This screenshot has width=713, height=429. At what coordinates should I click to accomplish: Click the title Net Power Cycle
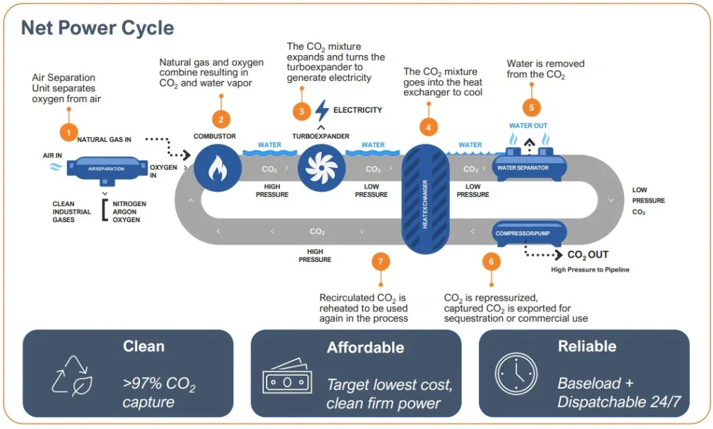coord(97,28)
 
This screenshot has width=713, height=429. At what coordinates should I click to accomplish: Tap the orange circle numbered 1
coord(68,130)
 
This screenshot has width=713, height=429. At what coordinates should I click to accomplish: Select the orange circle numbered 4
coord(428,127)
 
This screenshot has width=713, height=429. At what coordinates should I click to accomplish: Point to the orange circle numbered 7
coord(380,261)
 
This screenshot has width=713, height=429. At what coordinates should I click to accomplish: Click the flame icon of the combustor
coord(217,168)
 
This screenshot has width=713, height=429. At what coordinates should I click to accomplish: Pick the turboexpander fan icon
coord(321,168)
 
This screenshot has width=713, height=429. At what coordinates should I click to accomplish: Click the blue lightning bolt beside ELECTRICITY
coord(322,111)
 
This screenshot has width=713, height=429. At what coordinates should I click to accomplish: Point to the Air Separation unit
coord(106,169)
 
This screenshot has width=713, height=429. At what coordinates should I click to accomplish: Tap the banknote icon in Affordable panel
coord(287,378)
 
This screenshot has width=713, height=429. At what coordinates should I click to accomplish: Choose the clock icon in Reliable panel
coord(515,375)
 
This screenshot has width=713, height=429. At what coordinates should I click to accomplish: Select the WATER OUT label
coord(528,126)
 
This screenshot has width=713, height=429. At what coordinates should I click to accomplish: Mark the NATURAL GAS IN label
coord(104,140)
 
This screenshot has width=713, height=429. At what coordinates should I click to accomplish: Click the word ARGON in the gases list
coord(125,212)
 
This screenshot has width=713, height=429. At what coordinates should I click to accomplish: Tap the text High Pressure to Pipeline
coord(590,270)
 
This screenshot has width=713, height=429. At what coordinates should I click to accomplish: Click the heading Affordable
coord(365,347)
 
